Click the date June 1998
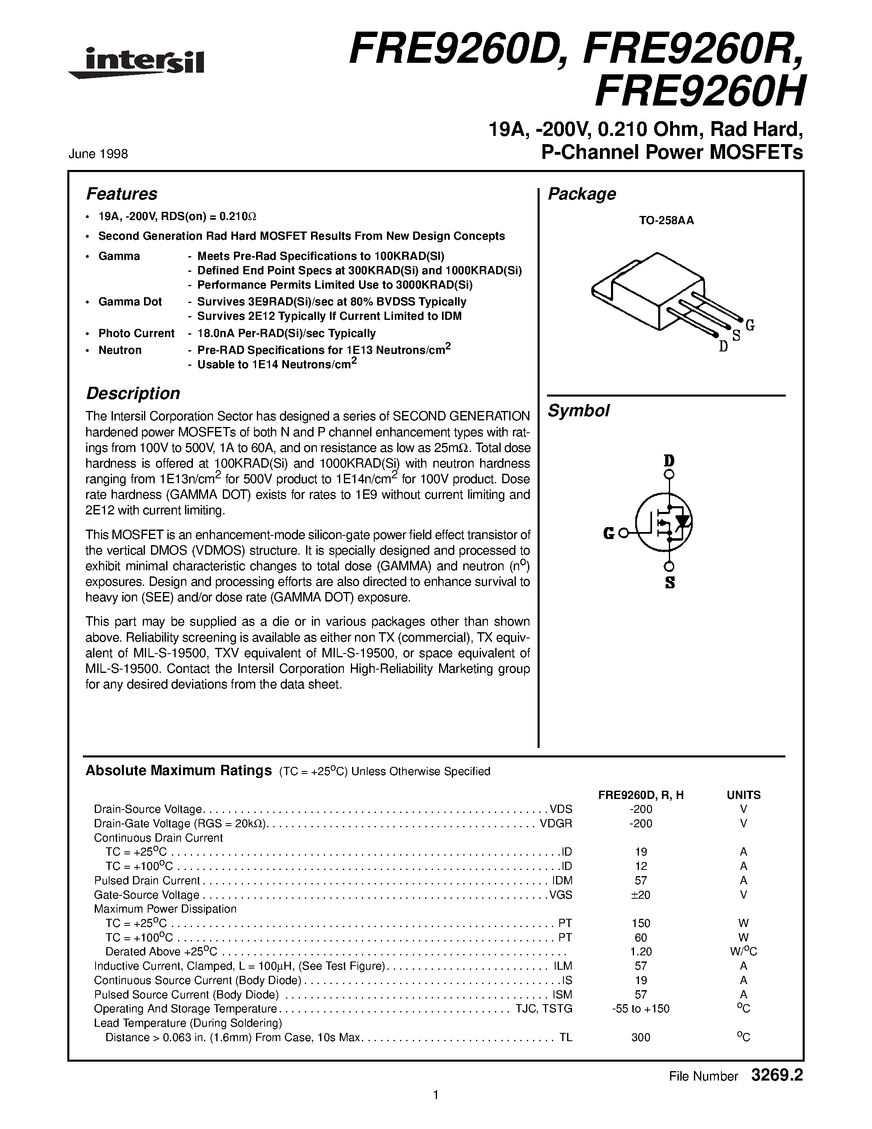98,154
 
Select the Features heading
121,194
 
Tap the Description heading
133,393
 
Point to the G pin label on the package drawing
750,325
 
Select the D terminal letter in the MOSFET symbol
669,460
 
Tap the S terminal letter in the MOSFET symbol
670,583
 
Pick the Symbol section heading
578,411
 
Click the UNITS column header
744,795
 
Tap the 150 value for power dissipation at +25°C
641,923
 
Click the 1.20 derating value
641,952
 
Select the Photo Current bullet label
136,333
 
